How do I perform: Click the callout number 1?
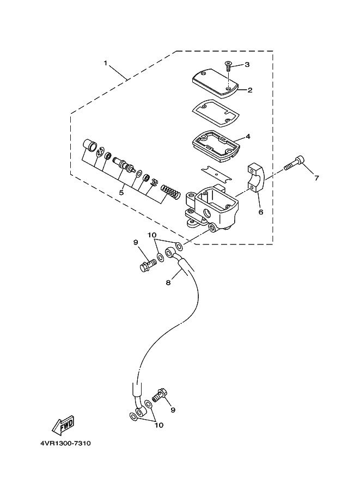[106, 63]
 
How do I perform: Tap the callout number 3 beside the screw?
[247, 65]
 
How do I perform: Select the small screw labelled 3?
[228, 66]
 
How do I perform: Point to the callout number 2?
[250, 90]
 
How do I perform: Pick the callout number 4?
[248, 137]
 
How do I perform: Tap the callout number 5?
[121, 192]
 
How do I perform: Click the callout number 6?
[261, 212]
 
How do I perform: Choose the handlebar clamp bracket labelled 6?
[255, 177]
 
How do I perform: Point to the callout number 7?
[316, 178]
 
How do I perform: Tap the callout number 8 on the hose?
[168, 282]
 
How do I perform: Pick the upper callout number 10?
[152, 235]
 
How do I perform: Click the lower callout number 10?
[159, 425]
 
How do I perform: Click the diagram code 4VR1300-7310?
[65, 443]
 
